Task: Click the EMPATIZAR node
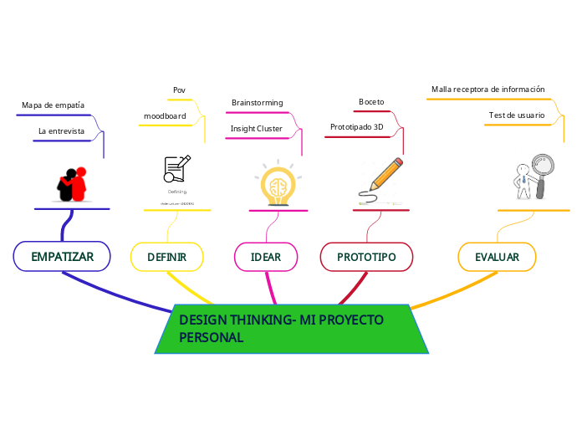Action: click(62, 257)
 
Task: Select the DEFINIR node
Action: click(166, 257)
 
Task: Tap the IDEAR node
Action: click(266, 257)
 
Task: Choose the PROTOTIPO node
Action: click(366, 257)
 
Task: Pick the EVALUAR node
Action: click(497, 257)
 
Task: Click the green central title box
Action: click(292, 330)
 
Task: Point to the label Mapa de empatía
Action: click(53, 105)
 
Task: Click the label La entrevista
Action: click(61, 131)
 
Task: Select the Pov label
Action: click(179, 90)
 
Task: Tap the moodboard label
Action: click(165, 115)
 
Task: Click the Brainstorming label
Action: click(257, 103)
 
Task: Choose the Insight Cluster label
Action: click(256, 129)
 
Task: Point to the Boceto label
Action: click(371, 102)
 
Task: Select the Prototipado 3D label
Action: click(356, 127)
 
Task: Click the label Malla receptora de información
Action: click(488, 89)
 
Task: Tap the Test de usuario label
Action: click(516, 115)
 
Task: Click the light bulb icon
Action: click(278, 184)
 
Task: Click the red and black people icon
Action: click(73, 185)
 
